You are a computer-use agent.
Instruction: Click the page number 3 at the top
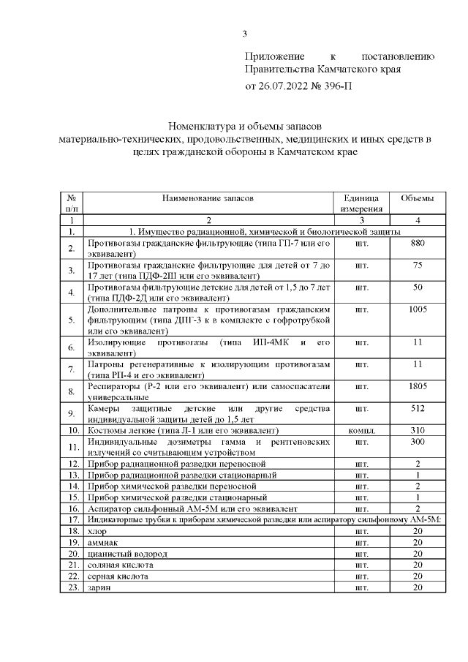[x=245, y=33]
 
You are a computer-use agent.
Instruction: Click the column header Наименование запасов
[x=208, y=198]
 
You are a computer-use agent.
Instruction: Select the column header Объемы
[x=418, y=198]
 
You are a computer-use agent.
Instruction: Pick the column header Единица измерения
[x=361, y=203]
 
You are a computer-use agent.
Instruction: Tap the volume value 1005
[x=418, y=309]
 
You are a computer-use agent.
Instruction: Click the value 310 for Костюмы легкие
[x=418, y=430]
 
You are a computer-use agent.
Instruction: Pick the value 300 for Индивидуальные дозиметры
[x=418, y=442]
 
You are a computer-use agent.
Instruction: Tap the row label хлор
[x=97, y=530]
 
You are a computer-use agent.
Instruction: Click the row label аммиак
[x=102, y=542]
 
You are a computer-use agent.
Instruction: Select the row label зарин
[x=99, y=587]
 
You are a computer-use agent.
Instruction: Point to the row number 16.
[x=72, y=508]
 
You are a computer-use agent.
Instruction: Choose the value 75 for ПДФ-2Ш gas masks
[x=418, y=266]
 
